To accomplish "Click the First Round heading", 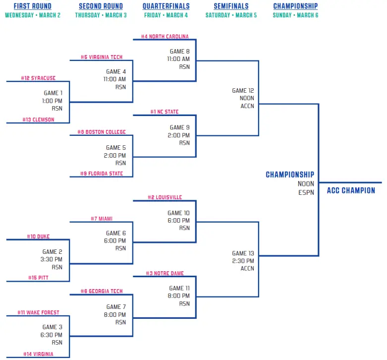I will [x=32, y=6].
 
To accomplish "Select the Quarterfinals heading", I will [x=166, y=6].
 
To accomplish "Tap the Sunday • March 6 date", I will [x=295, y=15].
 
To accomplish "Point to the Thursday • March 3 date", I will [x=101, y=15].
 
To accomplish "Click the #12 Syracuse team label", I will [x=38, y=78].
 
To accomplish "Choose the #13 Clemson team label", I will [x=38, y=120].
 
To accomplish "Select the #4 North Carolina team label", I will [x=165, y=37].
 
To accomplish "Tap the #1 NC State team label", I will [x=165, y=112].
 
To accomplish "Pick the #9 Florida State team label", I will [x=102, y=174].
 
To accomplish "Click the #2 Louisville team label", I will [x=165, y=197].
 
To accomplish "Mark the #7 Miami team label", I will [x=102, y=219].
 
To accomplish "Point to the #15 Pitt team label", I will [x=38, y=278].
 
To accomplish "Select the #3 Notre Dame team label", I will [x=165, y=274].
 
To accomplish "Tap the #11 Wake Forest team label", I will [x=38, y=313].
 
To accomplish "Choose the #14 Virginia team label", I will [x=38, y=355].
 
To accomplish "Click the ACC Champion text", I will [x=351, y=190].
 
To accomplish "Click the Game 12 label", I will [x=243, y=91].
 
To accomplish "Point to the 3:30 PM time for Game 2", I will [x=52, y=259].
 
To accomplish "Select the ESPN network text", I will [x=306, y=193].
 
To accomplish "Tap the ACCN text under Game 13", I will [x=247, y=268].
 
